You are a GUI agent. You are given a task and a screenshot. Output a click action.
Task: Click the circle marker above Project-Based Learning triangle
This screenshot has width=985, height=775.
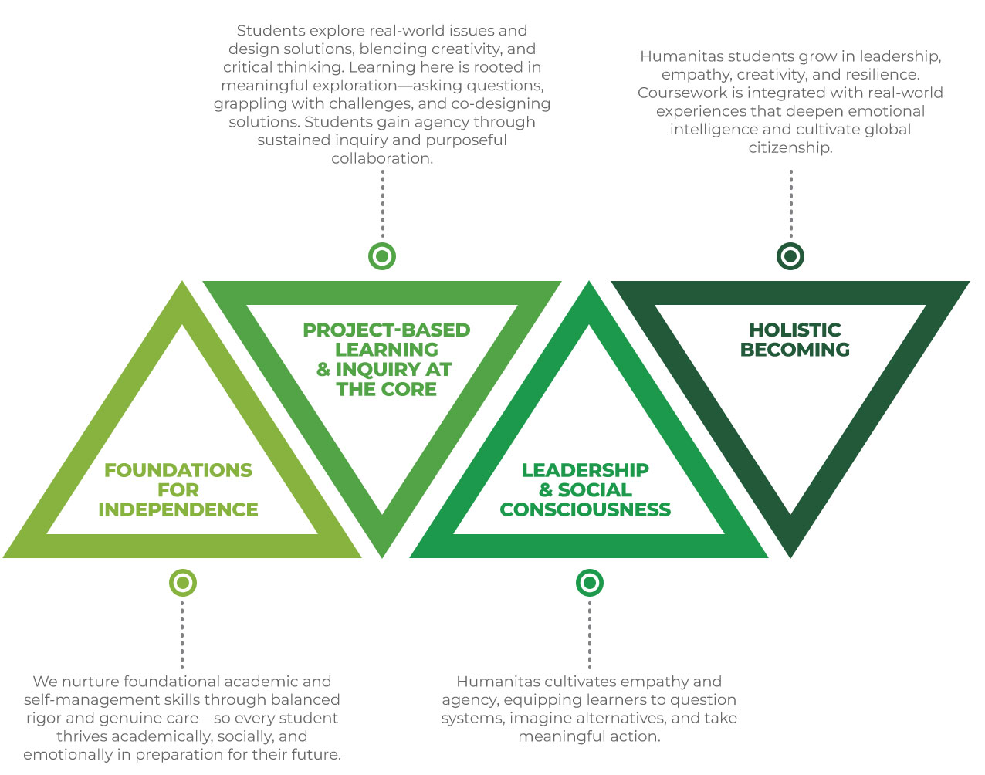pos(382,256)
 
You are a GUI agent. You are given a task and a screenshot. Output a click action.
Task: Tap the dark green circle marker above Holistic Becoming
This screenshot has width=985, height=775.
pos(790,256)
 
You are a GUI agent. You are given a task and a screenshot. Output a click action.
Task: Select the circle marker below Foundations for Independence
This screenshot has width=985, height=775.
pos(183,583)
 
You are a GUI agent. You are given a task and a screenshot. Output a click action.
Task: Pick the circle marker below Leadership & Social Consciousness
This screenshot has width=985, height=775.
pos(590,583)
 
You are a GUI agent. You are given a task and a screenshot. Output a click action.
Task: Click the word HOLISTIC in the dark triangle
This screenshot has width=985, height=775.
pos(794,330)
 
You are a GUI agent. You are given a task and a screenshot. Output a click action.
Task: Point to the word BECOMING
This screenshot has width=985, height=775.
pos(794,350)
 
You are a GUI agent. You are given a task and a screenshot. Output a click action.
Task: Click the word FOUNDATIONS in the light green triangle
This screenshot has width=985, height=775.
pos(178,470)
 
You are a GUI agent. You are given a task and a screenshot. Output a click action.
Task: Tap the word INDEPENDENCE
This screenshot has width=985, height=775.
pos(178,509)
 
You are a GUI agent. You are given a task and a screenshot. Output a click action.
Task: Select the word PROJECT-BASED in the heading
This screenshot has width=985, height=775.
pos(386,330)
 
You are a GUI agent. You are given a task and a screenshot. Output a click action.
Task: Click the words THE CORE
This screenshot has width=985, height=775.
pos(386,389)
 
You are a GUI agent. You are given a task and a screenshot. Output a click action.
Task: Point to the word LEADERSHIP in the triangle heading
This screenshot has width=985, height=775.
pos(585,470)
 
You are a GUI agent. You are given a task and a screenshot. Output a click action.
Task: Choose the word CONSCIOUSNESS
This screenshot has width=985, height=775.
pos(585,509)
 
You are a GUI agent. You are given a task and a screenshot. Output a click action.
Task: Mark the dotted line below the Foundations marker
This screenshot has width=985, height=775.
pos(182,635)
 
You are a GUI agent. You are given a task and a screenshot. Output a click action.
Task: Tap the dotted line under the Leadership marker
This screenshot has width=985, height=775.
pos(590,635)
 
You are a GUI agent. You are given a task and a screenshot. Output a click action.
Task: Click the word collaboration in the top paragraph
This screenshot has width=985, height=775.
pos(382,158)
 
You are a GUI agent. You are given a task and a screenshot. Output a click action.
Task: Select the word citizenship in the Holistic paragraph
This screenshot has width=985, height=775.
pos(790,147)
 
